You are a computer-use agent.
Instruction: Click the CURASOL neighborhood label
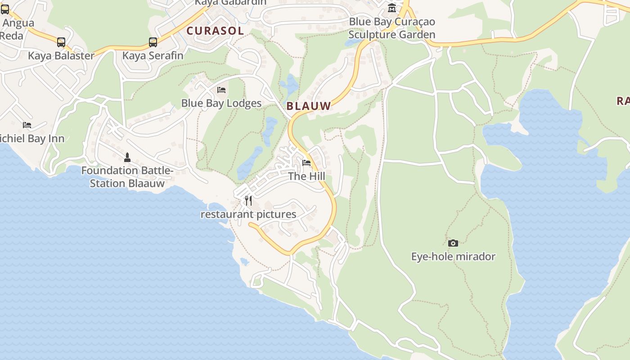pyautogui.click(x=215, y=31)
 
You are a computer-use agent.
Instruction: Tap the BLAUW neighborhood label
pyautogui.click(x=309, y=106)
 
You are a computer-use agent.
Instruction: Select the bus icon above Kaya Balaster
pyautogui.click(x=61, y=43)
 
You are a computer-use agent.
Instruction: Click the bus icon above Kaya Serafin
pyautogui.click(x=153, y=43)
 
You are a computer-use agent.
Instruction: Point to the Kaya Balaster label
pyautogui.click(x=61, y=56)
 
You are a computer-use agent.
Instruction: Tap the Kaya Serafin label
pyautogui.click(x=153, y=56)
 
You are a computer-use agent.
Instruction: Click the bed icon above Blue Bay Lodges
pyautogui.click(x=221, y=90)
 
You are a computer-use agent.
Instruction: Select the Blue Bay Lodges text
pyautogui.click(x=221, y=103)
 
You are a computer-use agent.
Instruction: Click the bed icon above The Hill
pyautogui.click(x=306, y=163)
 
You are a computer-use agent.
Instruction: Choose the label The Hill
pyautogui.click(x=306, y=176)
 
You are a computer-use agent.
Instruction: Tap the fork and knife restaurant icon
pyautogui.click(x=248, y=201)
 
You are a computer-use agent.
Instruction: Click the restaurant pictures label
pyautogui.click(x=248, y=214)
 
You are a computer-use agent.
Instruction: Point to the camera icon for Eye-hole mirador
pyautogui.click(x=453, y=243)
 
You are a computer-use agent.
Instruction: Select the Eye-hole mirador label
pyautogui.click(x=453, y=256)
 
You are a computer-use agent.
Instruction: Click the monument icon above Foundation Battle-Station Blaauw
pyautogui.click(x=127, y=157)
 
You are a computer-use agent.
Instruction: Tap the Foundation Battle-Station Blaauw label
pyautogui.click(x=127, y=177)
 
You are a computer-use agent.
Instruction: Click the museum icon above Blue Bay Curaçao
pyautogui.click(x=392, y=8)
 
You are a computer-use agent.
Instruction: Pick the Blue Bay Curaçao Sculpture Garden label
pyautogui.click(x=392, y=28)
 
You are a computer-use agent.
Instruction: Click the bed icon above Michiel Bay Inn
pyautogui.click(x=27, y=125)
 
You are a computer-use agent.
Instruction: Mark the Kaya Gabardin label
pyautogui.click(x=230, y=3)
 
